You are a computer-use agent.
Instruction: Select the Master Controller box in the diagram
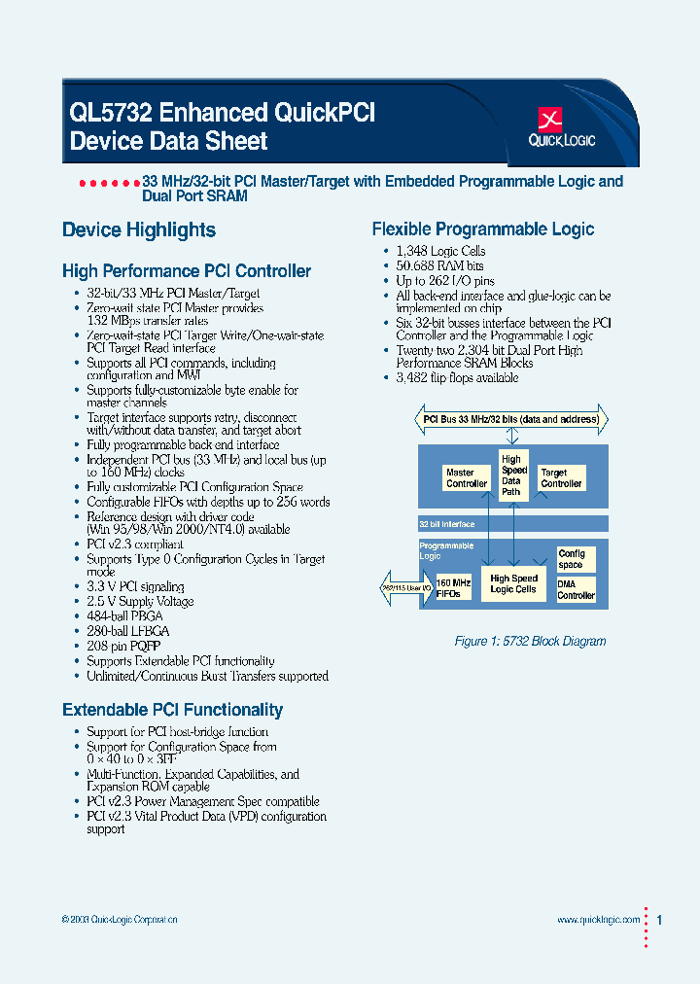click(467, 477)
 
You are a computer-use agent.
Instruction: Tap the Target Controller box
click(561, 477)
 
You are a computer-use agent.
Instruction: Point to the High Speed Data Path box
click(512, 474)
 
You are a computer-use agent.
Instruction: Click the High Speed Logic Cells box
click(513, 583)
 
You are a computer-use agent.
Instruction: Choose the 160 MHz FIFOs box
click(454, 587)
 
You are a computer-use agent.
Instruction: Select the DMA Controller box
click(576, 589)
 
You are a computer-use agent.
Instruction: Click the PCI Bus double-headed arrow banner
click(513, 420)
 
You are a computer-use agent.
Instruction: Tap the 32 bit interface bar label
click(447, 524)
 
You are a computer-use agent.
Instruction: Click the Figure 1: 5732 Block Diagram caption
click(530, 642)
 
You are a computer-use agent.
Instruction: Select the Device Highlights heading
click(139, 230)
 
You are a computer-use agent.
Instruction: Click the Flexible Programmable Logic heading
click(483, 229)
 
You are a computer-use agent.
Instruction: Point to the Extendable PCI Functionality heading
click(172, 710)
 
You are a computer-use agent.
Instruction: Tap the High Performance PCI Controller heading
click(187, 271)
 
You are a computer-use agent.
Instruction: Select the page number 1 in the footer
click(660, 920)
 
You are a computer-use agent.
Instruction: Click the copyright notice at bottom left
click(119, 920)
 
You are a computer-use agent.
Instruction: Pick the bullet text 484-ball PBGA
click(124, 616)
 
